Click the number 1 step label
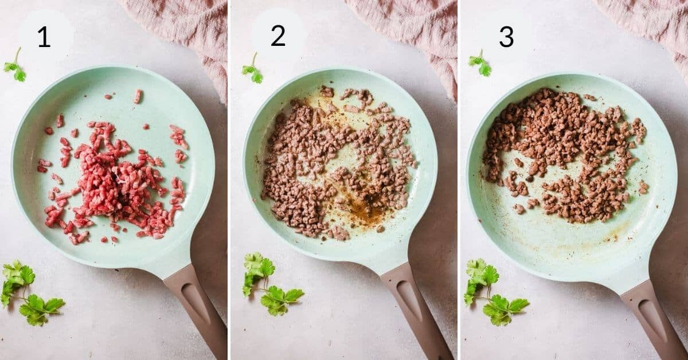point(44,37)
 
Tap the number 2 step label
point(278,36)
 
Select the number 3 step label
point(506,37)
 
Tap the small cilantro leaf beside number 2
point(252,72)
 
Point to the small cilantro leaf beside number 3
point(480,65)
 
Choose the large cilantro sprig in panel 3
point(493,292)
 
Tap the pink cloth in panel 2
point(413,29)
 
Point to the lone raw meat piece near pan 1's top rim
point(138,96)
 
